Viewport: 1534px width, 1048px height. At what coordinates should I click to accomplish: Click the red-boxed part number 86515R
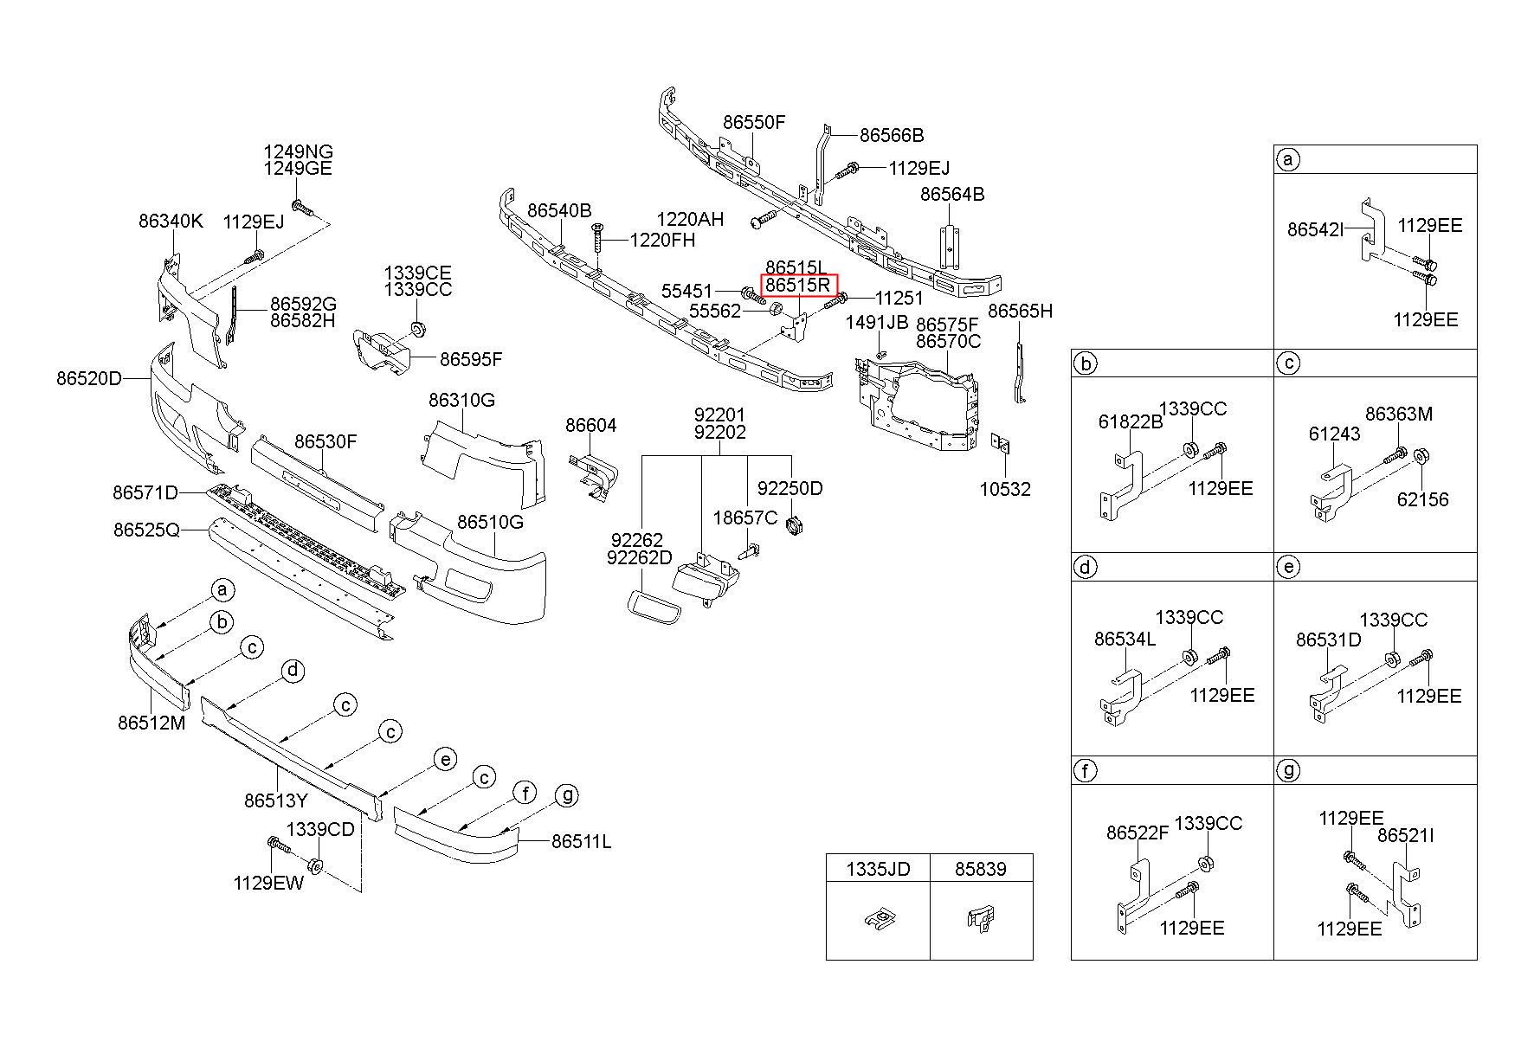[799, 285]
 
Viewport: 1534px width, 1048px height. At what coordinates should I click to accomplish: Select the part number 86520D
[90, 378]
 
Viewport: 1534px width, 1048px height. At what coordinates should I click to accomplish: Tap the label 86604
[591, 425]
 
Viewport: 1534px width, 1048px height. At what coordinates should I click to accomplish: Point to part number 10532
[1005, 489]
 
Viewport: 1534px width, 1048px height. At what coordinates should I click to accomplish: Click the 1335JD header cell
[878, 868]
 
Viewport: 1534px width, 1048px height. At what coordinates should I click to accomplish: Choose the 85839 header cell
[981, 868]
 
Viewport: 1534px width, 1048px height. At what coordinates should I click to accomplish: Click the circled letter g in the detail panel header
[1288, 770]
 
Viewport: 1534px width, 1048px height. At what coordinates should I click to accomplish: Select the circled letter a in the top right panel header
[1288, 159]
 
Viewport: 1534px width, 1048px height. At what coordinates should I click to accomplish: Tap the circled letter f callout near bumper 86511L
[525, 792]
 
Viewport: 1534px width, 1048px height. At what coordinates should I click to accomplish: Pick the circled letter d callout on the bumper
[293, 670]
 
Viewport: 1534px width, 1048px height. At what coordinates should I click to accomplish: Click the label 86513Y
[276, 800]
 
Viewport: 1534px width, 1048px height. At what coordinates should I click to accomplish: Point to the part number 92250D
[790, 488]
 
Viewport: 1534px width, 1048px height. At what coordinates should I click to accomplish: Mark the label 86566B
[892, 135]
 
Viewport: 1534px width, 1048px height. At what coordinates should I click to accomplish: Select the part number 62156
[1422, 499]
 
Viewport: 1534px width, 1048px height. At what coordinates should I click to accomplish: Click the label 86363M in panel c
[1399, 414]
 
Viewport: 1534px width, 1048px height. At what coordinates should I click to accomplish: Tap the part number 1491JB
[877, 323]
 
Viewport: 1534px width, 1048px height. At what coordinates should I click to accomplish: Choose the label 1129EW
[267, 883]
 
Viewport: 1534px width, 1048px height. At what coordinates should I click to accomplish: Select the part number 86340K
[171, 221]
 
